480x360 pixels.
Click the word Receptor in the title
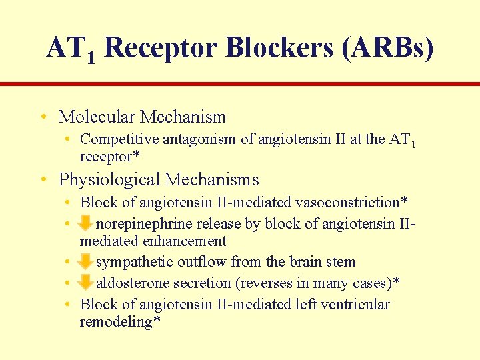[x=161, y=48]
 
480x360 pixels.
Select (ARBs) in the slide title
[x=387, y=48]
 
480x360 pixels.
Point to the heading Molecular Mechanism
[x=142, y=117]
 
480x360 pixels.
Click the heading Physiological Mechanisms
[x=159, y=179]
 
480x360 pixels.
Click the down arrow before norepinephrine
[x=85, y=223]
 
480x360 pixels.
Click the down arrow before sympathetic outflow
[x=85, y=261]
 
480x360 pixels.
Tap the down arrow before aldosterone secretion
[x=85, y=283]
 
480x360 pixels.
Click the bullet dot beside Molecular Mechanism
[x=43, y=117]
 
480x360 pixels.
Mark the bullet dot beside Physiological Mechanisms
[x=43, y=180]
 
